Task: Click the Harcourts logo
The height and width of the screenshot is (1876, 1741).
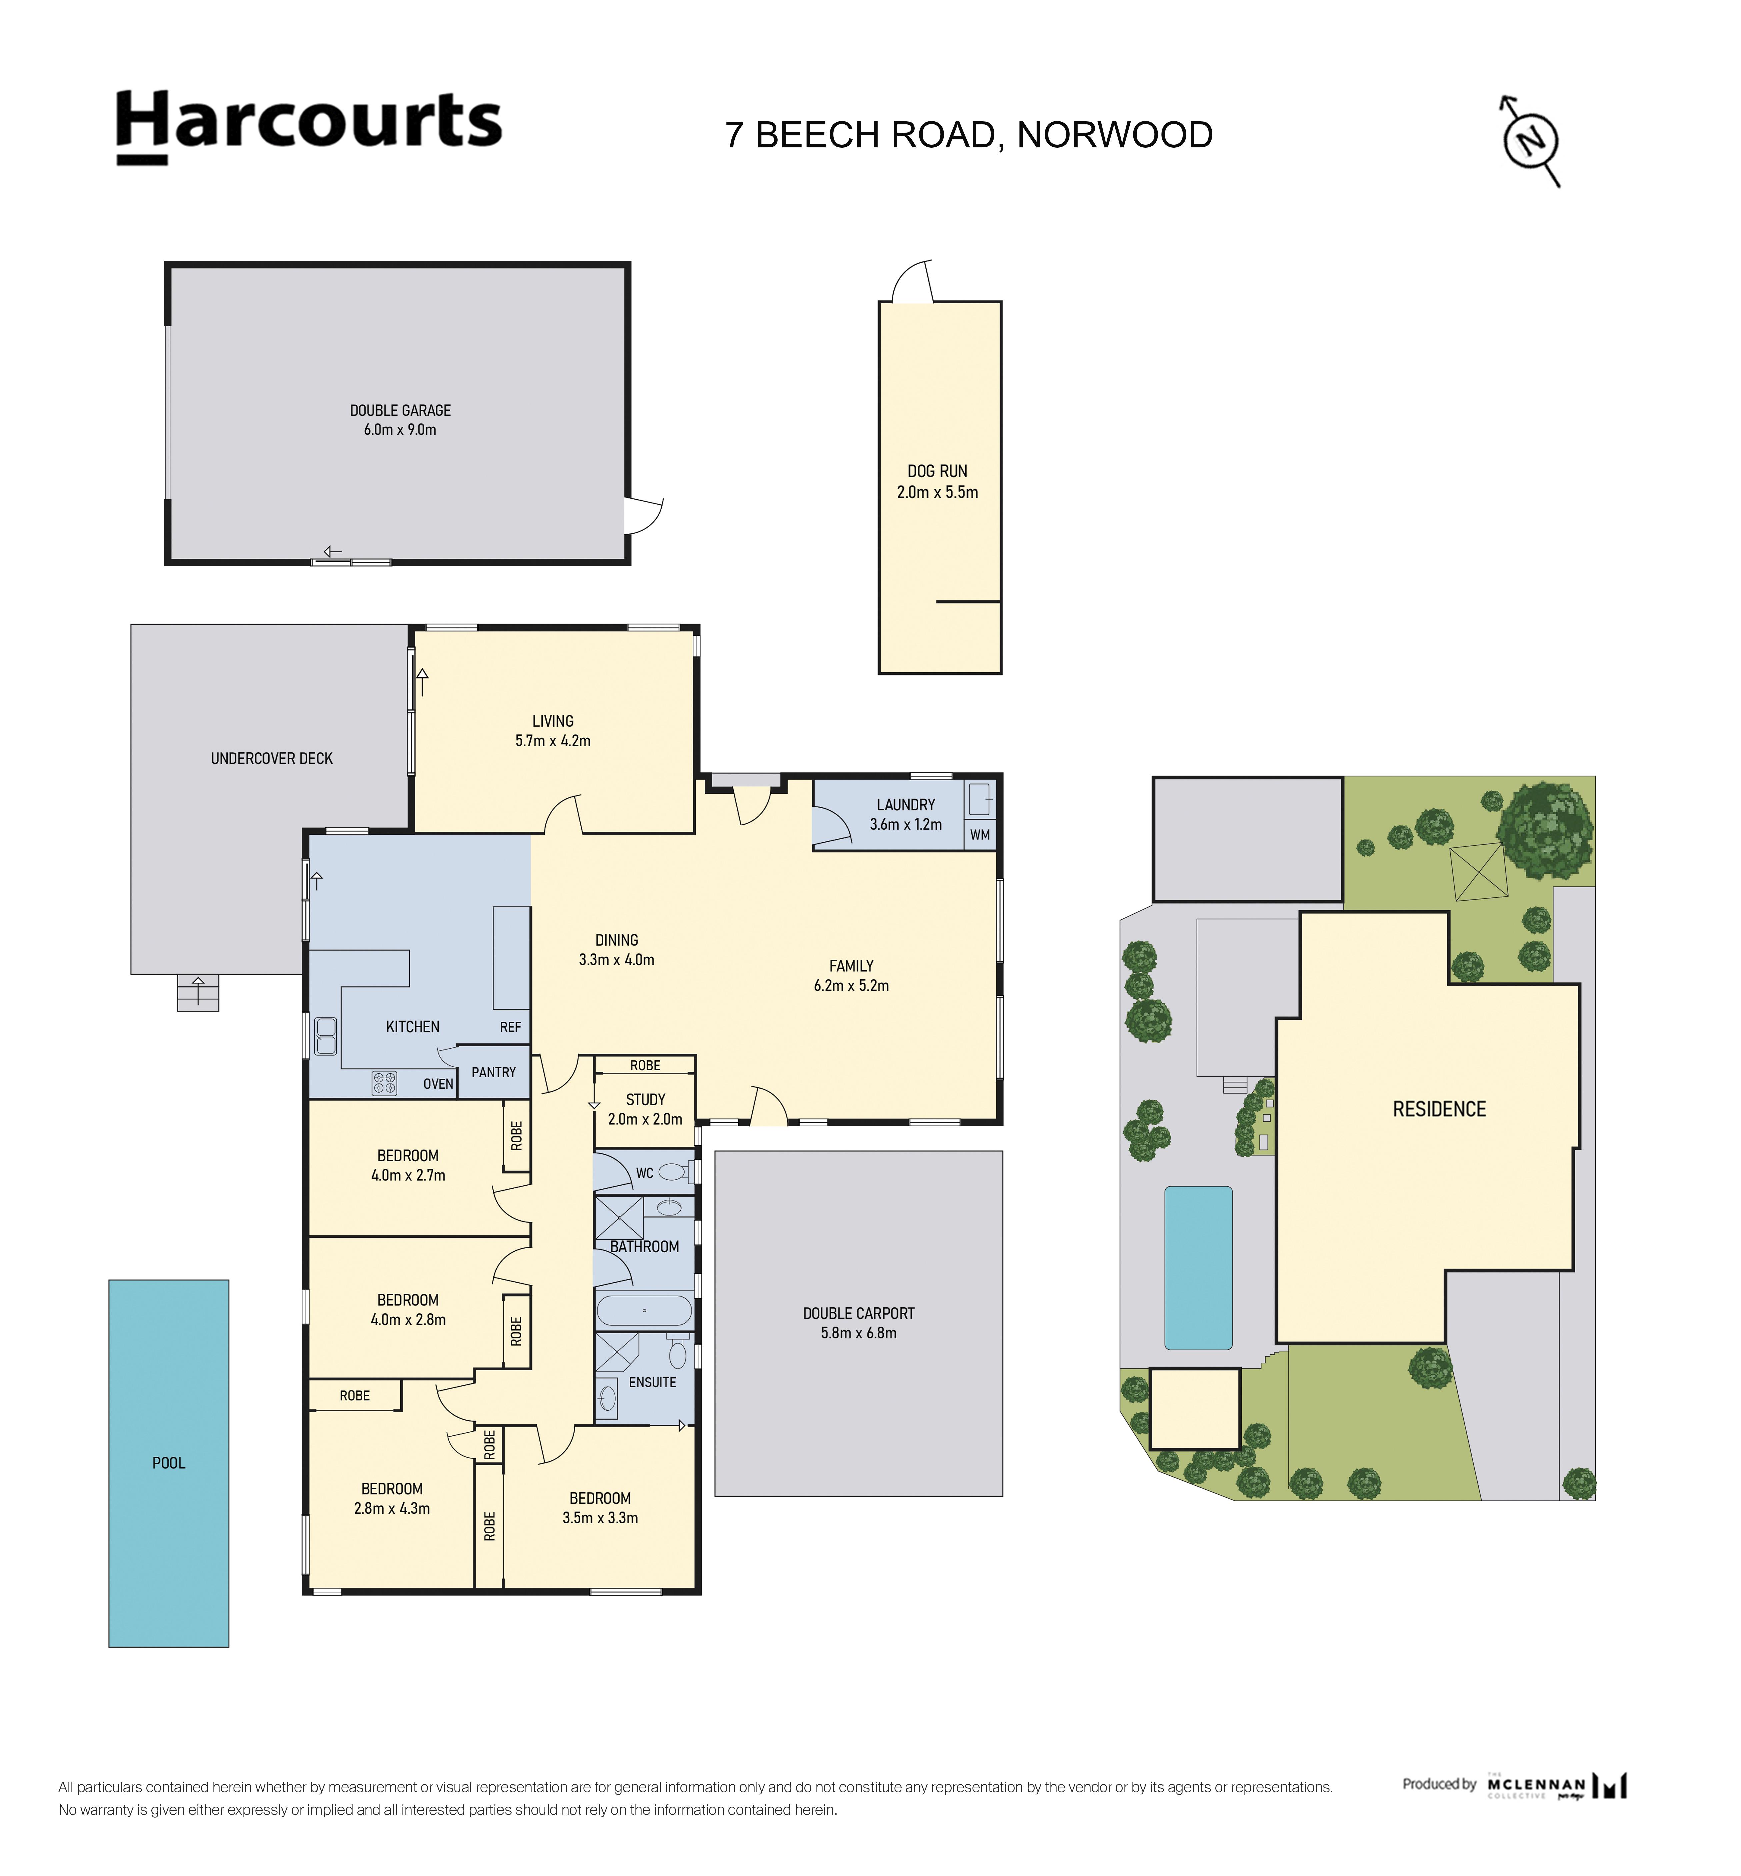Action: pyautogui.click(x=309, y=126)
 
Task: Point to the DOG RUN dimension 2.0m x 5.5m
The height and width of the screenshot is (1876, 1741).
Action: pyautogui.click(x=937, y=492)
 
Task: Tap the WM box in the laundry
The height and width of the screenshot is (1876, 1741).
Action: pyautogui.click(x=980, y=834)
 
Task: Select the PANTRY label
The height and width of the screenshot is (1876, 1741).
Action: pyautogui.click(x=494, y=1072)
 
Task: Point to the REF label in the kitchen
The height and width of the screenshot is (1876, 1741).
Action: pyautogui.click(x=511, y=1027)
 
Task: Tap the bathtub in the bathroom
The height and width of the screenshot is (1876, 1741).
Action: pyautogui.click(x=644, y=1311)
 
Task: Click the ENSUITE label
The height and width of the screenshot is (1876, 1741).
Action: pyautogui.click(x=653, y=1382)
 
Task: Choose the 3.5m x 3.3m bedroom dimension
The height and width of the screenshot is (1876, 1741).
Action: pyautogui.click(x=600, y=1518)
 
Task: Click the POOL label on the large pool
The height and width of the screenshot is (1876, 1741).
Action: pyautogui.click(x=169, y=1463)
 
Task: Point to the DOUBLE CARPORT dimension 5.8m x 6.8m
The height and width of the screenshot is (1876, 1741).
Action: pyautogui.click(x=858, y=1333)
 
